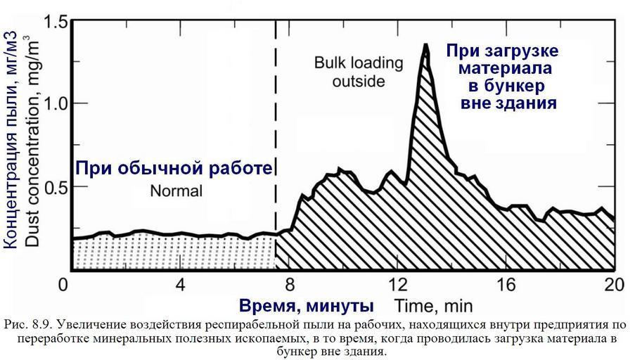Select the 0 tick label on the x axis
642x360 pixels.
pos(65,285)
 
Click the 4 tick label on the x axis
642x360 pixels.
pos(181,285)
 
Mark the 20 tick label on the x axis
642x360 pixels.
pos(613,285)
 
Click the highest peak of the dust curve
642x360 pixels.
pos(425,45)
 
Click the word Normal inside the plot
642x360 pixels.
pos(176,191)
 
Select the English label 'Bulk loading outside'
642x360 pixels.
pos(359,72)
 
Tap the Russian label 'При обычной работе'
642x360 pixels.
pos(173,169)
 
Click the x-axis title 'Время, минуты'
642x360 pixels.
pos(306,306)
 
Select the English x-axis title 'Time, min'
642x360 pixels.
pos(432,306)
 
